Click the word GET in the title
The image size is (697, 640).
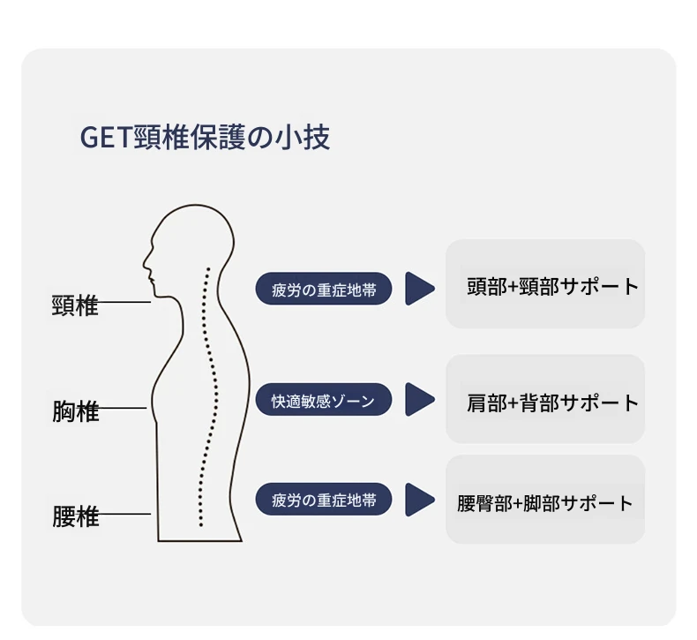click(x=105, y=138)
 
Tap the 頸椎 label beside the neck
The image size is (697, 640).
click(x=75, y=305)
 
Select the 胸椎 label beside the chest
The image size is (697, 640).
click(x=75, y=411)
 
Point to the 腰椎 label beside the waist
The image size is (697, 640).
click(x=75, y=516)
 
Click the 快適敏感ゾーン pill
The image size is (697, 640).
click(x=324, y=400)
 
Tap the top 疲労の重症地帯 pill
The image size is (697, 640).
click(x=324, y=289)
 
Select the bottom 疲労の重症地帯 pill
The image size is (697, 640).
click(x=324, y=500)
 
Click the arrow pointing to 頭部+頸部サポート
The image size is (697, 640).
click(x=419, y=289)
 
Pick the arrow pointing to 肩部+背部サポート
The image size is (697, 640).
click(x=419, y=399)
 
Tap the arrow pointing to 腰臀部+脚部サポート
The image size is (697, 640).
click(x=419, y=500)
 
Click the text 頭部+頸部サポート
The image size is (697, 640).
click(x=553, y=286)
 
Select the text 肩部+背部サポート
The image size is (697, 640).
click(x=553, y=403)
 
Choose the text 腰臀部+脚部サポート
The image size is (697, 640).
click(x=545, y=503)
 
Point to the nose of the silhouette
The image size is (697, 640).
click(x=145, y=263)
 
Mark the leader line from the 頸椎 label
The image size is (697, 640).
click(x=124, y=302)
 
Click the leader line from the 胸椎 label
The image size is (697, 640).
click(x=123, y=408)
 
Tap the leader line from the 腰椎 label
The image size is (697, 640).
click(x=124, y=514)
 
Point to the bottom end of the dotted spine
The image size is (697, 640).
click(x=201, y=525)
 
